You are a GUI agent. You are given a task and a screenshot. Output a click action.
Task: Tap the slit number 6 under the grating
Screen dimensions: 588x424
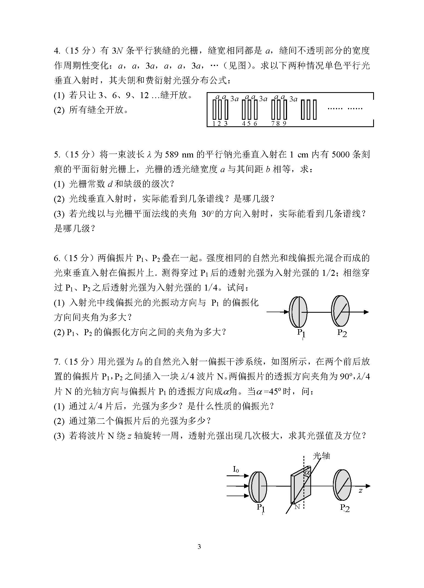pos(255,124)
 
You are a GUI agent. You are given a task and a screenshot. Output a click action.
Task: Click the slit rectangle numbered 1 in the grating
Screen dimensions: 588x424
pos(215,109)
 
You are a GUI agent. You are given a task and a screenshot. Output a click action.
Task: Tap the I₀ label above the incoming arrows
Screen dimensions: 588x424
pos(236,469)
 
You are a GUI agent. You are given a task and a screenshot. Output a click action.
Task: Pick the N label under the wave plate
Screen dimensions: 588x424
pos(297,507)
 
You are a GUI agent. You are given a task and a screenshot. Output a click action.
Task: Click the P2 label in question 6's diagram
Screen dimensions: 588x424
pos(342,333)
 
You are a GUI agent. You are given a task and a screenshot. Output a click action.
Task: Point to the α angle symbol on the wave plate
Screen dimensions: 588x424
pos(307,472)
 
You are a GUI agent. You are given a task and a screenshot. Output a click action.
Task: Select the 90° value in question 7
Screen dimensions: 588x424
pos(345,377)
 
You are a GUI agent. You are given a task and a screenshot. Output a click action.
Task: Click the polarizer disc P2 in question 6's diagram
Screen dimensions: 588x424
pos(341,311)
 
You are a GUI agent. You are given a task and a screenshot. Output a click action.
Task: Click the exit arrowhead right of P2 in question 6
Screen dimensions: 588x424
pos(366,312)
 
